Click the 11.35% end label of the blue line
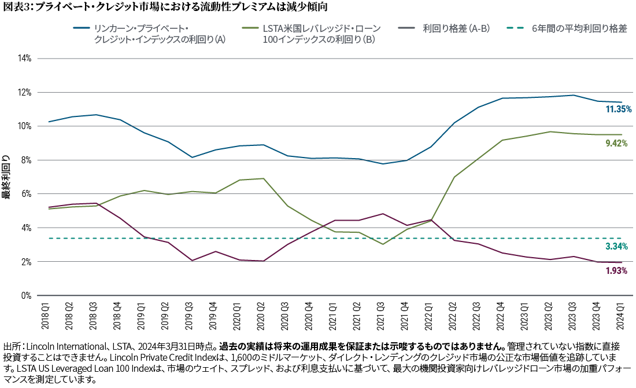click(x=617, y=109)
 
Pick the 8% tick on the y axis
click(x=25, y=160)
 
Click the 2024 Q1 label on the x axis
click(x=621, y=312)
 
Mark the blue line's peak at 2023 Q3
click(x=573, y=96)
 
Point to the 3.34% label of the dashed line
click(x=617, y=247)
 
